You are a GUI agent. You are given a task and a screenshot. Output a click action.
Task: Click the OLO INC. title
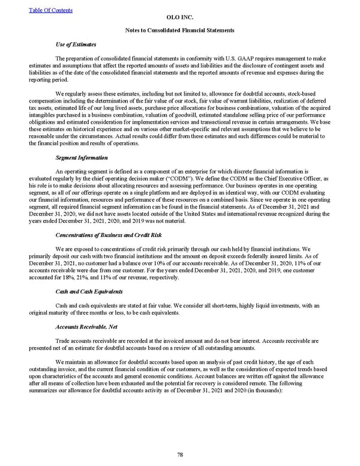[180, 18]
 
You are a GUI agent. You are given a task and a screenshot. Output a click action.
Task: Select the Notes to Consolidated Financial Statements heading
[180, 30]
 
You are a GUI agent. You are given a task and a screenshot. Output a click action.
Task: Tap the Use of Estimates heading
[75, 44]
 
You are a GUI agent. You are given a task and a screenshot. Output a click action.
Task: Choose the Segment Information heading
[82, 157]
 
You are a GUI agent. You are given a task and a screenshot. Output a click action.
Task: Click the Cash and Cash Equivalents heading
[88, 291]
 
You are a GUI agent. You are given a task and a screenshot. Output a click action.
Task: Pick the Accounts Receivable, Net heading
[86, 328]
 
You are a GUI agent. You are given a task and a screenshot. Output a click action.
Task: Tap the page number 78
[180, 455]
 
